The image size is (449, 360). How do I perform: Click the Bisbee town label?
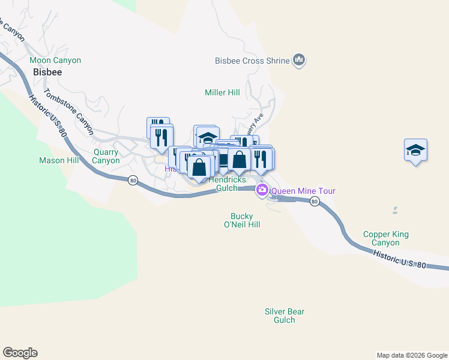47,71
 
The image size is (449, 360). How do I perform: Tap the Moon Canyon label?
55,61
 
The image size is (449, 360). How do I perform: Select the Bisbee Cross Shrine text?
252,61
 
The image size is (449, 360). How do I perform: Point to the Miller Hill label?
222,93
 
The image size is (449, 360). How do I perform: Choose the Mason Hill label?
59,160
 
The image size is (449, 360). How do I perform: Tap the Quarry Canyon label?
106,156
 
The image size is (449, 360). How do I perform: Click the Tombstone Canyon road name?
69,112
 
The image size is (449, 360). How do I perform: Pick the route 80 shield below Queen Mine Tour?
314,202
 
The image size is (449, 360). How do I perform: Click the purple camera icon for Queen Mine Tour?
262,191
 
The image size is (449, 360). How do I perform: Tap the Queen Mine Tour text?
303,191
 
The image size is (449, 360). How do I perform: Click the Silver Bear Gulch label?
285,316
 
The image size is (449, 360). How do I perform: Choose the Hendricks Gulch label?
228,184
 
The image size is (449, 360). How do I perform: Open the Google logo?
20,353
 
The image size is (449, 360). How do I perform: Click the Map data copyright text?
412,355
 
